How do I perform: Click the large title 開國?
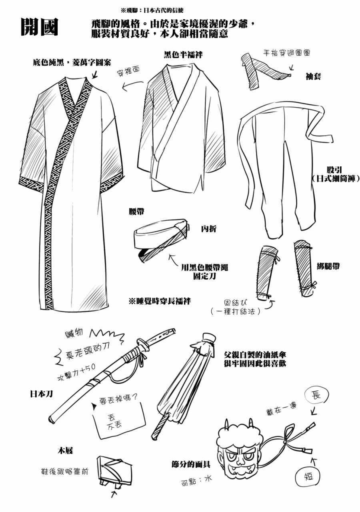pyautogui.click(x=39, y=27)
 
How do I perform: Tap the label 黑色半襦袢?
pyautogui.click(x=183, y=55)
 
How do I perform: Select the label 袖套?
pyautogui.click(x=313, y=76)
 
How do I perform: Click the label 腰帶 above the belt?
pyautogui.click(x=136, y=212)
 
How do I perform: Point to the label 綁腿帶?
pyautogui.click(x=328, y=266)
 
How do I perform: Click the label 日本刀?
pyautogui.click(x=41, y=394)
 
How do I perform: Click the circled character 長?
pyautogui.click(x=316, y=395)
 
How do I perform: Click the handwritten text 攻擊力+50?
pyautogui.click(x=76, y=372)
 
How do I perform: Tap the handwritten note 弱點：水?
pyautogui.click(x=196, y=481)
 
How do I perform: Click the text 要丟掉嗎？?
pyautogui.click(x=118, y=400)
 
